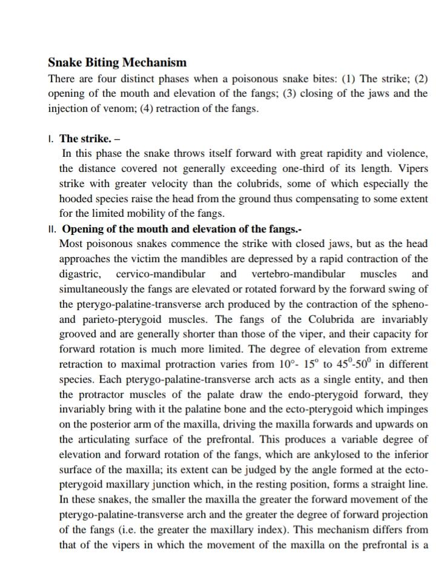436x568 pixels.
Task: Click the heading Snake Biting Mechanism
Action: pyautogui.click(x=117, y=62)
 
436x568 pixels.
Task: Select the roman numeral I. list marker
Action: pyautogui.click(x=51, y=139)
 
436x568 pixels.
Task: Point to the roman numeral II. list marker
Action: pyautogui.click(x=53, y=230)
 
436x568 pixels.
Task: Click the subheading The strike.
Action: pyautogui.click(x=85, y=139)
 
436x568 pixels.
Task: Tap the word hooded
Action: pyautogui.click(x=78, y=199)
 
